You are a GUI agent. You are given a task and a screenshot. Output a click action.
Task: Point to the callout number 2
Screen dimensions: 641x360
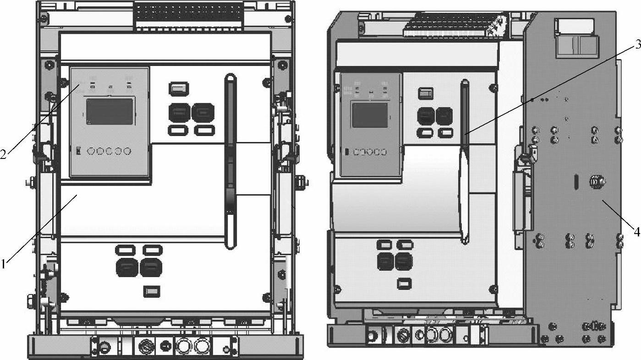tap(3, 154)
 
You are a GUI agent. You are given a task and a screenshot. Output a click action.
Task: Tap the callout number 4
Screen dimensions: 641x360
tap(637, 232)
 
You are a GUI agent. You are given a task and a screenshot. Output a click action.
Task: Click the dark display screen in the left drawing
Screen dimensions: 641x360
tap(110, 111)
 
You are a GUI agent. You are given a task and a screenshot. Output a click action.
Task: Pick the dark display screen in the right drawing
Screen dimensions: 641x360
tap(370, 115)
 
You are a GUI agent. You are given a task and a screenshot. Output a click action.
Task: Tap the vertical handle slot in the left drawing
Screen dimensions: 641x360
tap(230, 160)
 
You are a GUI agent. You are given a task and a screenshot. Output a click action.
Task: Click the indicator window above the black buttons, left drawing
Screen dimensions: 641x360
tap(179, 88)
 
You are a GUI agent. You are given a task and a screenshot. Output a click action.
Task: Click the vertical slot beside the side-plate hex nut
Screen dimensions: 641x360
tap(575, 180)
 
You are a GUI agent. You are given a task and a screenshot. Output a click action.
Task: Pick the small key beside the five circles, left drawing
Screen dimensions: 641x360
tap(78, 150)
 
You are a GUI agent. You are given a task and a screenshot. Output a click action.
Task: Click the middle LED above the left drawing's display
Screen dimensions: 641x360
tap(110, 86)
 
